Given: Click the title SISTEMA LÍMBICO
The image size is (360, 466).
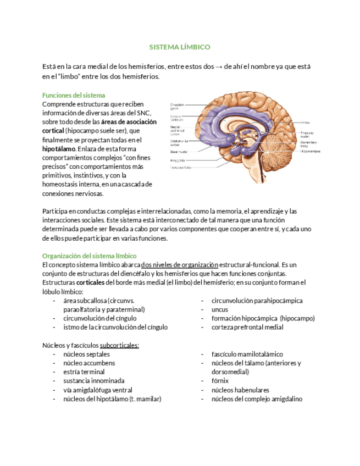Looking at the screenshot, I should pos(180,48).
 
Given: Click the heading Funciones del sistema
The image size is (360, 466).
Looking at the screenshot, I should pos(74,95).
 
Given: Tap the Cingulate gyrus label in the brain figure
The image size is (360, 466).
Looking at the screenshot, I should pos(177,106).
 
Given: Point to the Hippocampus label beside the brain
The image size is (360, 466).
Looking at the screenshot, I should pos(311,150).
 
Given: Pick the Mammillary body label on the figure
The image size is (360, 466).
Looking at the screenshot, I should pos(307,143).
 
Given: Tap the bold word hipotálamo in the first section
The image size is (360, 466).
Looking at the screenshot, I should pos(59,149).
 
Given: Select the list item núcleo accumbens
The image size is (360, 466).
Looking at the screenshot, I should pos(89,363).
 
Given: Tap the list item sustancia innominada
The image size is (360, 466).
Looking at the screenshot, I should pos(93,381).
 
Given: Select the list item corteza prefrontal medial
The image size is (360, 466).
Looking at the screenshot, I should pos(247,328).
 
